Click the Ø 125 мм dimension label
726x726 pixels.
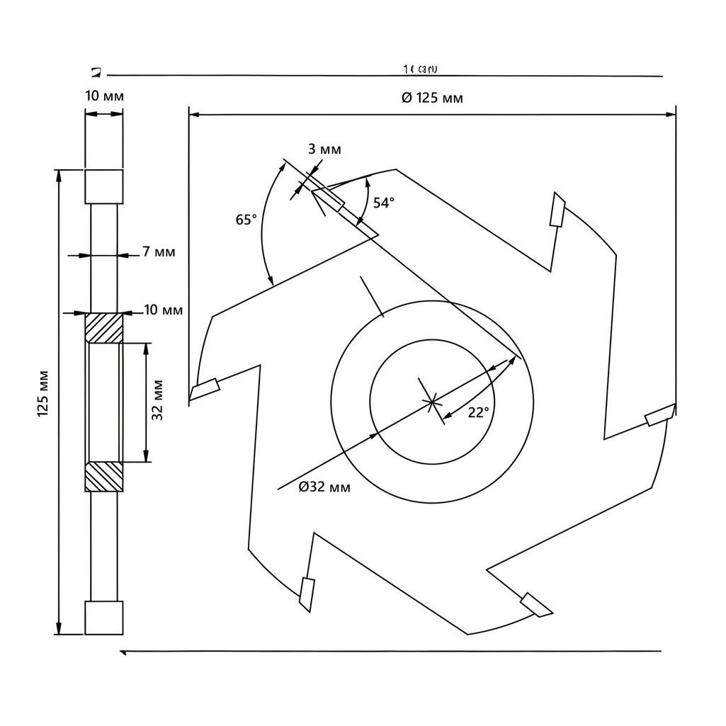(432, 98)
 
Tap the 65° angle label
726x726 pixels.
(246, 220)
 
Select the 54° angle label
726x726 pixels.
(383, 203)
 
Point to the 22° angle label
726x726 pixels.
(478, 412)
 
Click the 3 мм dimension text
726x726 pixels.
(324, 149)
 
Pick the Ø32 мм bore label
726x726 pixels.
(324, 487)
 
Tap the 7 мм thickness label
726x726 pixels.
(159, 251)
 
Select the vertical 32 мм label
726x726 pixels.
(158, 400)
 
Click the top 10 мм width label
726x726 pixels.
(104, 96)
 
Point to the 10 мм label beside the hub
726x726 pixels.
(163, 310)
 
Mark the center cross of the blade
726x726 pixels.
(431, 402)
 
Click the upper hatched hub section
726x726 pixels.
(104, 328)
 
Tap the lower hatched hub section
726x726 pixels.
(104, 477)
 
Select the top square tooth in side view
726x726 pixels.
(104, 186)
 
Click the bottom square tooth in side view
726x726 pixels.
(104, 618)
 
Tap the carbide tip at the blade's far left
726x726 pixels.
(205, 389)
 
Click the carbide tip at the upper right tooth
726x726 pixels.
(558, 210)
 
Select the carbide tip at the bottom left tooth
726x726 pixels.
(306, 593)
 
